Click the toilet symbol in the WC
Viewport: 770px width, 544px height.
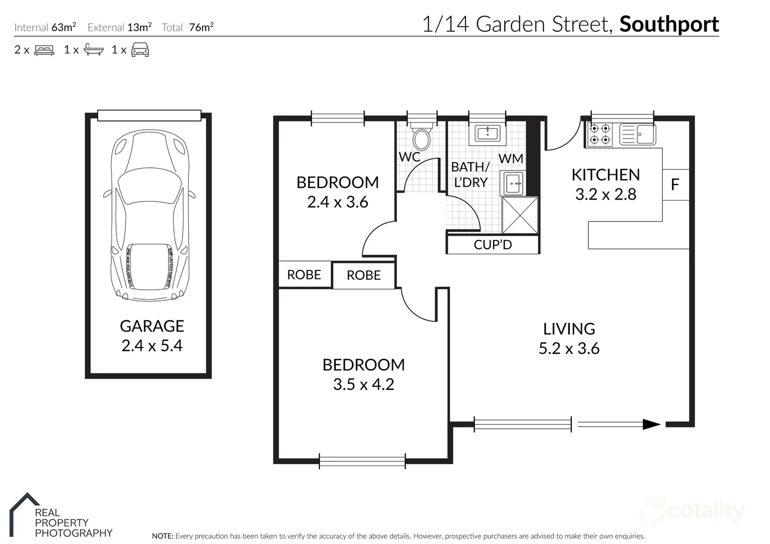421,137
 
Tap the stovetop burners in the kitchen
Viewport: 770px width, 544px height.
600,134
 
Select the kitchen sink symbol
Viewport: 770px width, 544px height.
637,134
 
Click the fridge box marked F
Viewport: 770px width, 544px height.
675,185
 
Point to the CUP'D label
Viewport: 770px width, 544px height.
493,245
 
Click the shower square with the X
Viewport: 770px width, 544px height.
520,216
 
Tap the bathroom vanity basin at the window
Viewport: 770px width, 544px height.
487,134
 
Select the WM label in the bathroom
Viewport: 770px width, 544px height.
511,159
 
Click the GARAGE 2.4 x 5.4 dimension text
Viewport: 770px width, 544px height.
152,346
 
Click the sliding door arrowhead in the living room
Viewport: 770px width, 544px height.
651,425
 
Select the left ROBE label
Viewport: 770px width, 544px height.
304,275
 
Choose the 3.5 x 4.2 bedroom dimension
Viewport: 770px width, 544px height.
363,384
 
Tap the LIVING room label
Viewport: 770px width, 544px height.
569,329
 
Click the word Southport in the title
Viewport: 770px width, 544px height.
669,24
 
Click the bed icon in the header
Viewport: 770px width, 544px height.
44,50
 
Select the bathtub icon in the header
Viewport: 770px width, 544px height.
94,49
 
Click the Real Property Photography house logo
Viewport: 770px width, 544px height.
24,514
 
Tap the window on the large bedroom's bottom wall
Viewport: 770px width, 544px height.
362,461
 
